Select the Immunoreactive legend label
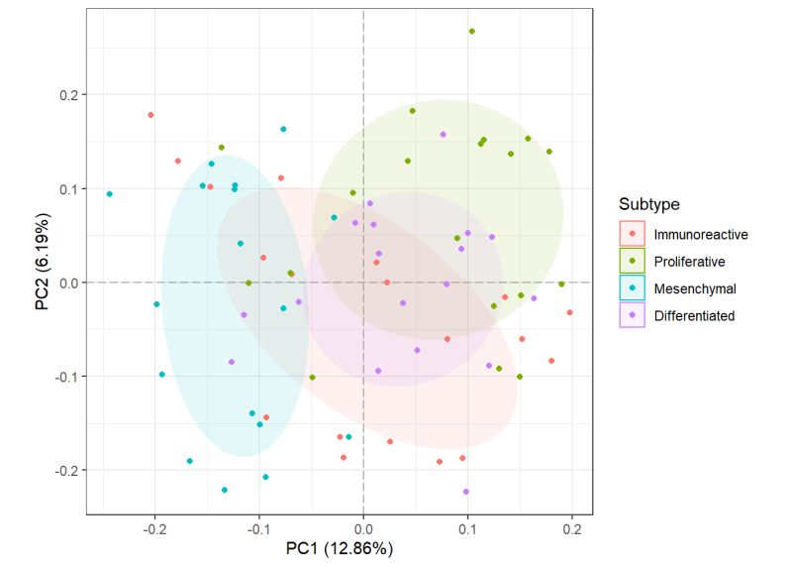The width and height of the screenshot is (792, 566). pos(700,235)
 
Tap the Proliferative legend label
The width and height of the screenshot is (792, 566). pos(689,262)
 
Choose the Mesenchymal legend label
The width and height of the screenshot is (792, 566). pos(694,288)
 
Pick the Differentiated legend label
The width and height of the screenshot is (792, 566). pos(694,315)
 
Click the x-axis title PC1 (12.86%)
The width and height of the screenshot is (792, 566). pos(340,547)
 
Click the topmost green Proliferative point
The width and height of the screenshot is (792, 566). pos(471,31)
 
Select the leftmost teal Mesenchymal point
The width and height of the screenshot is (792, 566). pos(109,194)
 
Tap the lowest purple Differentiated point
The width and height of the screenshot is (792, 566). pos(465,492)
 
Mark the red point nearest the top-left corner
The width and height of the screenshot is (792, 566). pos(150,115)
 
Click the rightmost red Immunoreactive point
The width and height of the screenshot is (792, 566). pos(569,312)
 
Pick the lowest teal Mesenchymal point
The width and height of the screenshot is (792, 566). pos(225,490)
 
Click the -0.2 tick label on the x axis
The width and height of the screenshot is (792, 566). pos(154,527)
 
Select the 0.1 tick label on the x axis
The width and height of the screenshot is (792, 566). pos(467,527)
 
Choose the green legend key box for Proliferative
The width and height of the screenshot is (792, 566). pos(632,262)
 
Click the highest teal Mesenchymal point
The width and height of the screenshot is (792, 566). pos(283,129)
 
